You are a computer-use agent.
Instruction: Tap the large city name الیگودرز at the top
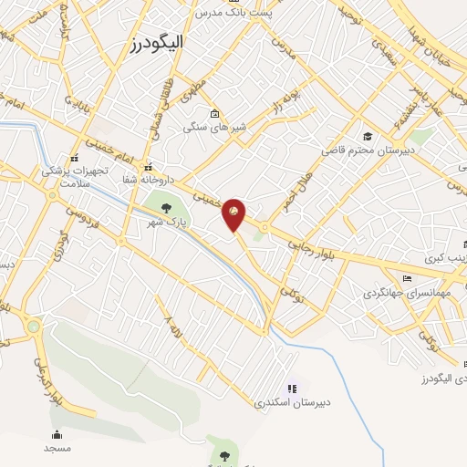[159, 43]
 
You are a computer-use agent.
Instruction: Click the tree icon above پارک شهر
[165, 209]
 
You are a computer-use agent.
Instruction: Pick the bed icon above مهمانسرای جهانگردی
[406, 279]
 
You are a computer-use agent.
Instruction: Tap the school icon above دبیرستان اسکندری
[292, 388]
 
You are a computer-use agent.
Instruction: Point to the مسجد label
[57, 449]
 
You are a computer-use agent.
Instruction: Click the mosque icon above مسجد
[57, 435]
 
